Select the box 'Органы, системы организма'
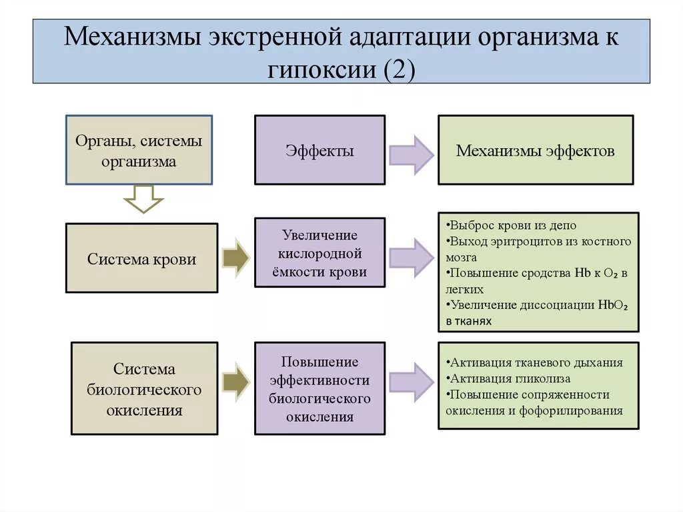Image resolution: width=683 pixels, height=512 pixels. click(139, 150)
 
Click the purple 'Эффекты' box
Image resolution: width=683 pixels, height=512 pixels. click(319, 150)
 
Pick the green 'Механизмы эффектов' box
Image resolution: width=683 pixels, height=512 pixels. click(536, 150)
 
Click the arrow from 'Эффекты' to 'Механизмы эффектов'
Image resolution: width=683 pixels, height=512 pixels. click(411, 154)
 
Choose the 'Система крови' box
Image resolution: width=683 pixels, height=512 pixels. click(141, 258)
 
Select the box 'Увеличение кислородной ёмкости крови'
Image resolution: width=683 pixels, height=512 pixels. click(319, 253)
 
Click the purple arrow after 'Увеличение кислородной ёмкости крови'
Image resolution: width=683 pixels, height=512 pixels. click(411, 257)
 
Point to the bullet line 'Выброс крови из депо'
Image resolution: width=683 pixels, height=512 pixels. click(512, 225)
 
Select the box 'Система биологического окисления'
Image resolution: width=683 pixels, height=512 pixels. click(144, 389)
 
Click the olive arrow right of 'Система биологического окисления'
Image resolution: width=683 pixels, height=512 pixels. click(235, 383)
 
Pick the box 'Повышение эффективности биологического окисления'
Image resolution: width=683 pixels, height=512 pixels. click(319, 389)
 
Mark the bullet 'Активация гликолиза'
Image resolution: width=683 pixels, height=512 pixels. click(510, 378)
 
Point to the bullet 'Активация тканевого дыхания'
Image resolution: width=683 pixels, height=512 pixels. click(536, 362)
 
